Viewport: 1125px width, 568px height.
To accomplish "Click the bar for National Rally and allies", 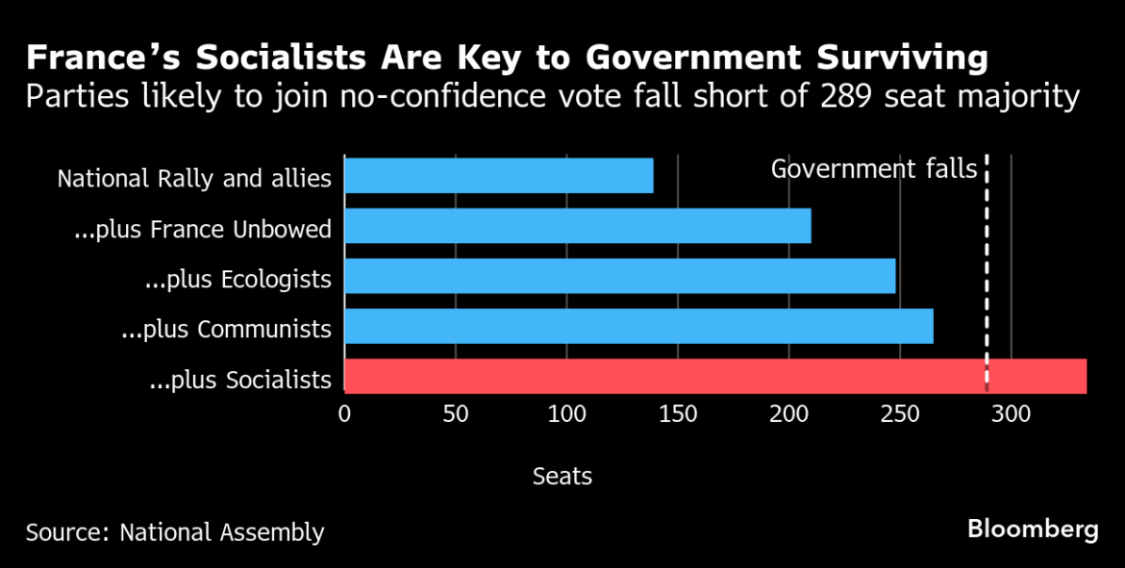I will [498, 176].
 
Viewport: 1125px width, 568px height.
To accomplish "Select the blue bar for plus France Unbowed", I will [577, 226].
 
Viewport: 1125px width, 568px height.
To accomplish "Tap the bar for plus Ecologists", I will [619, 276].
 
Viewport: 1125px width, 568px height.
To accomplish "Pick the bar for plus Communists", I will [638, 326].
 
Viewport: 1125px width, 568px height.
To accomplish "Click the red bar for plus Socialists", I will [714, 376].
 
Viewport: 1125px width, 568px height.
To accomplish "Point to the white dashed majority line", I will [987, 279].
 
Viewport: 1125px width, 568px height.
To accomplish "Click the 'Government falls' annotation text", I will [873, 169].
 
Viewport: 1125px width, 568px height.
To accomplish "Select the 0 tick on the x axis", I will [344, 415].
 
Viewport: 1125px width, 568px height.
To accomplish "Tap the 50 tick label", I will [455, 415].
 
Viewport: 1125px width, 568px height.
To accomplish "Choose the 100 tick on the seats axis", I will [566, 415].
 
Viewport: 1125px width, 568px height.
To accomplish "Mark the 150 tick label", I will [678, 415].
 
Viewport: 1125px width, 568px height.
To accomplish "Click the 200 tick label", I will [788, 415].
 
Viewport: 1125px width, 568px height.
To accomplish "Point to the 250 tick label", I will [900, 415].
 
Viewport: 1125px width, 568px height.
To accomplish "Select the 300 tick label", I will [1011, 415].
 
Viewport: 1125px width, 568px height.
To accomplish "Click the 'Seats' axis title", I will [562, 476].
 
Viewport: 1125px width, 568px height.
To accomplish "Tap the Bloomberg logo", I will [1033, 529].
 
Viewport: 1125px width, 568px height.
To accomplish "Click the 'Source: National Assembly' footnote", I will [175, 532].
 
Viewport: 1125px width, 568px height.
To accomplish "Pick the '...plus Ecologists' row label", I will [237, 280].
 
